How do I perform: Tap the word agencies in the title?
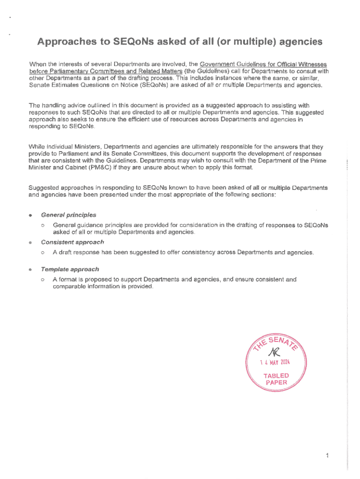[298, 42]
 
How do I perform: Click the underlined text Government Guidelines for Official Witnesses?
[263, 64]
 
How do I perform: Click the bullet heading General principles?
[69, 215]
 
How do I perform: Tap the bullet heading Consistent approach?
[72, 242]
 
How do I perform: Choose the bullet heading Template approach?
[70, 269]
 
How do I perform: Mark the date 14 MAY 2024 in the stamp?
[275, 362]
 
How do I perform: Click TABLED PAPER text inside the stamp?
[276, 379]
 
